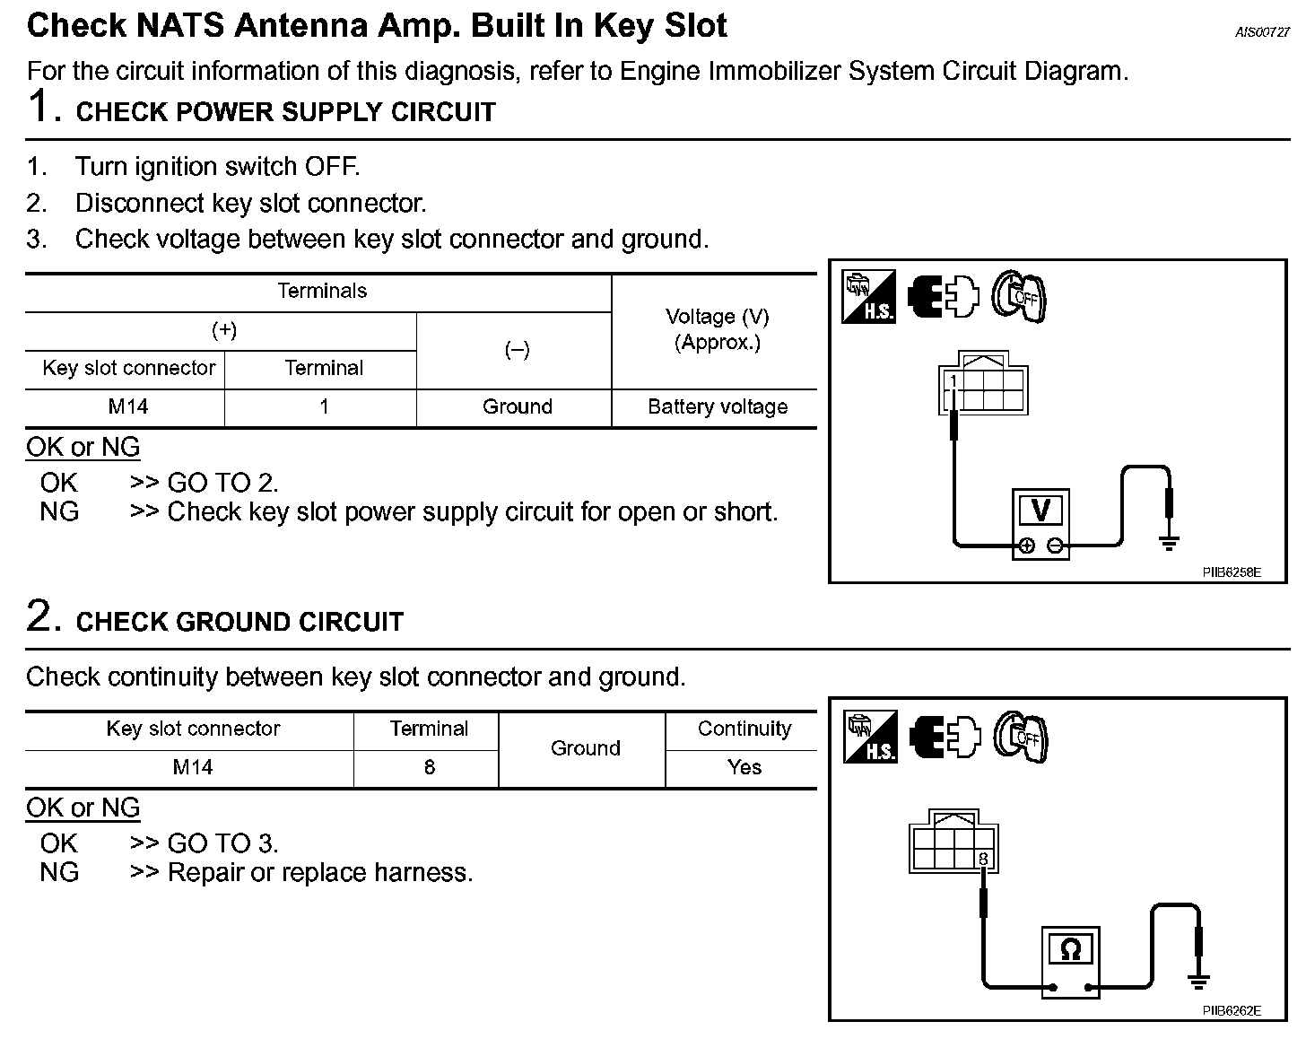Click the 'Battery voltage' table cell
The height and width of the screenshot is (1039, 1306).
pyautogui.click(x=717, y=407)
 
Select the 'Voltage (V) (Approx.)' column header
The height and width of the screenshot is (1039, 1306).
pyautogui.click(x=717, y=329)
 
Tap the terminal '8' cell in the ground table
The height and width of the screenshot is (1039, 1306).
pyautogui.click(x=429, y=768)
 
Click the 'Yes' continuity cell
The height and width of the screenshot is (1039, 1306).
pyautogui.click(x=744, y=768)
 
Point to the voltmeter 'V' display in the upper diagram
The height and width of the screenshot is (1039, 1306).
pyautogui.click(x=1040, y=511)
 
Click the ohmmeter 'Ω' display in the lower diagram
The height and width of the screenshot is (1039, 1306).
pyautogui.click(x=1070, y=949)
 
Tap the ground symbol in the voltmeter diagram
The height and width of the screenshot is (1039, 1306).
pyautogui.click(x=1169, y=541)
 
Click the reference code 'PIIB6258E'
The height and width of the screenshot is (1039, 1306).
pyautogui.click(x=1232, y=572)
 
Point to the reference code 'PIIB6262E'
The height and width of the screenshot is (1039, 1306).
pyautogui.click(x=1232, y=1011)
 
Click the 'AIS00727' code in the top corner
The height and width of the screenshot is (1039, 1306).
pyautogui.click(x=1262, y=32)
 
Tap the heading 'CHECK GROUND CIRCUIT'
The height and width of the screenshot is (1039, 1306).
pyautogui.click(x=239, y=623)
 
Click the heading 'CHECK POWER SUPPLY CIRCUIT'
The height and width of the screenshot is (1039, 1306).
pyautogui.click(x=285, y=113)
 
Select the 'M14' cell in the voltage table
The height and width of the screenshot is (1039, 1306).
pyautogui.click(x=127, y=407)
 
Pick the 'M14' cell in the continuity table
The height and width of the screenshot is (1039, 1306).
pyautogui.click(x=192, y=768)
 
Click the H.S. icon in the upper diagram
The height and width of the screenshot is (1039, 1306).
pyautogui.click(x=868, y=297)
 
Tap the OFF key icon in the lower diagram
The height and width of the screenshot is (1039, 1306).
pyautogui.click(x=1021, y=738)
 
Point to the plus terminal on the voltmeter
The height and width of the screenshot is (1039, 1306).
pyautogui.click(x=1026, y=546)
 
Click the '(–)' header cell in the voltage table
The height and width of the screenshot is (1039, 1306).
pyautogui.click(x=517, y=351)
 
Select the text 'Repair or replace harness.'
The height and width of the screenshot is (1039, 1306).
pyautogui.click(x=320, y=873)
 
